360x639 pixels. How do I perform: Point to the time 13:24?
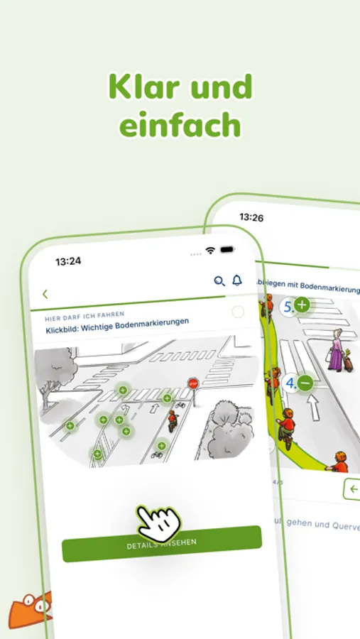pos(68,261)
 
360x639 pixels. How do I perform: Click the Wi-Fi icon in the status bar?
pos(210,251)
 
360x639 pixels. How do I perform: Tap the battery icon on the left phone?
pos(227,250)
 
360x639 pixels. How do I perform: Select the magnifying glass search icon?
pos(219,281)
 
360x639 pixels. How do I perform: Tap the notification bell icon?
pos(237,280)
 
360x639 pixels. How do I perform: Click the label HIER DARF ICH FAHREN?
pos(84,313)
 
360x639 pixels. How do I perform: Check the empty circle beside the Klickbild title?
pos(238,312)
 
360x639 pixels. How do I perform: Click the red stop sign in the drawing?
pos(193,383)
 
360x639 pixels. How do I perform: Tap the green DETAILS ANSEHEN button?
pos(162,543)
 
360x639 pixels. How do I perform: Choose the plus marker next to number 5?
pos(302,306)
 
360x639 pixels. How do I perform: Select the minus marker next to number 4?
pos(305,383)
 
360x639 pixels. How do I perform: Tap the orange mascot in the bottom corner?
pos(30,608)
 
